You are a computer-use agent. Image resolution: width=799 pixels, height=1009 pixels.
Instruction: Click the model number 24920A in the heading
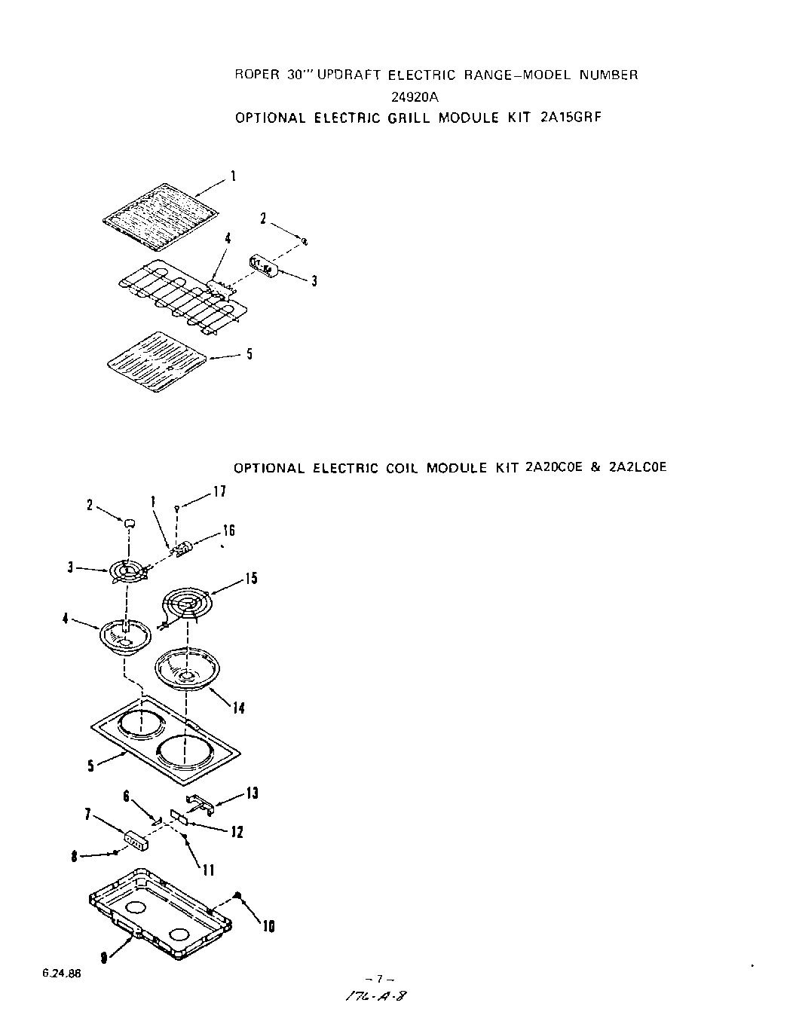[x=415, y=96]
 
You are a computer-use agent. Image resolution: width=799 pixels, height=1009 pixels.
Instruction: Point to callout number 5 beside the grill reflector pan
[x=249, y=353]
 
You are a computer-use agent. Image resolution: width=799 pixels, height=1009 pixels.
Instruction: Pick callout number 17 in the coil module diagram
[x=219, y=491]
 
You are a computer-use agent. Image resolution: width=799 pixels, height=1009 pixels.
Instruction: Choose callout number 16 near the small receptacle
[x=228, y=530]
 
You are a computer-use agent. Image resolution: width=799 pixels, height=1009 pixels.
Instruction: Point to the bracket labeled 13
[x=199, y=803]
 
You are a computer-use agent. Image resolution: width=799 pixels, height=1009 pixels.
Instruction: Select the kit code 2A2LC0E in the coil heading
[x=635, y=467]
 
